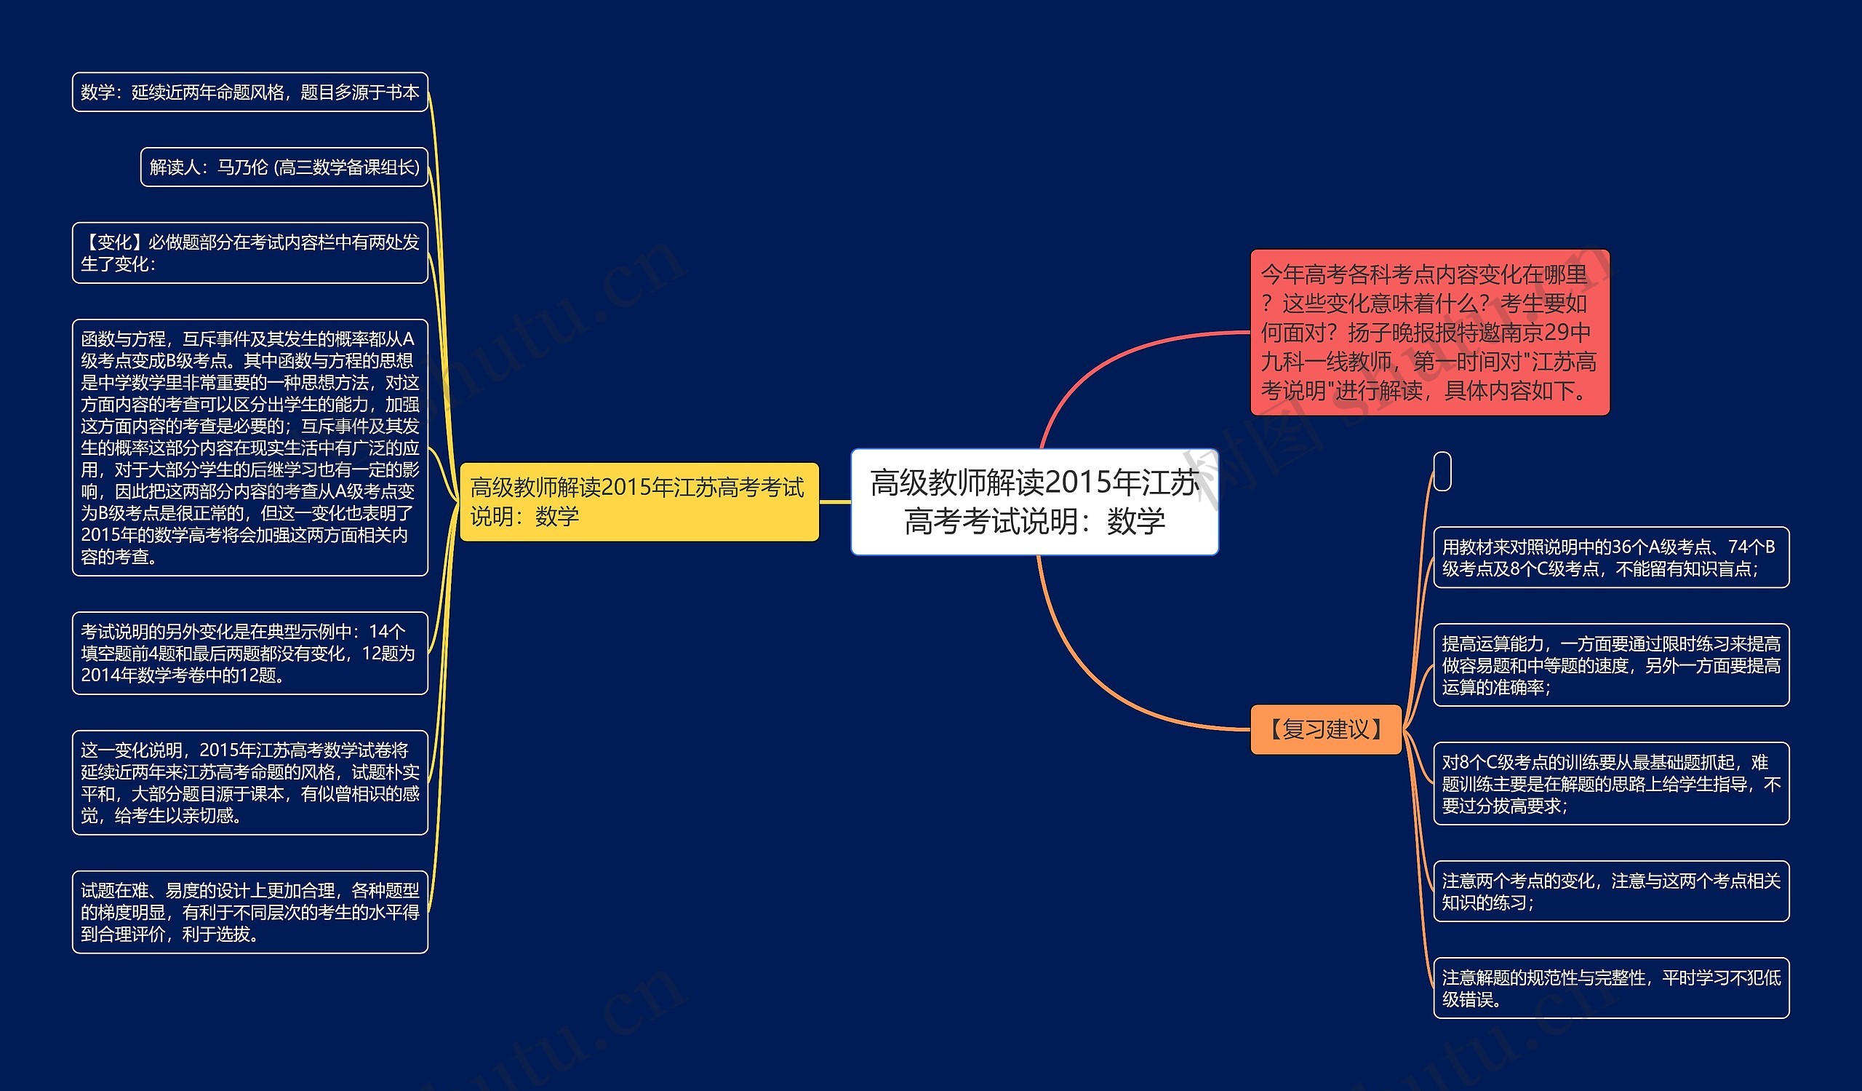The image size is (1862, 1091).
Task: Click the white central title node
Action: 1034,501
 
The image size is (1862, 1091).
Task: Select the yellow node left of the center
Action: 639,501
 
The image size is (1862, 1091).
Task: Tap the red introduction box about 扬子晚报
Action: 1429,332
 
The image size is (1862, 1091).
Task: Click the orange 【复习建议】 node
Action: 1325,729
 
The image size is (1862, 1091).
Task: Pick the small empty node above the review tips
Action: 1442,471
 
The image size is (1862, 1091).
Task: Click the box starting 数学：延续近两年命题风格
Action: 249,92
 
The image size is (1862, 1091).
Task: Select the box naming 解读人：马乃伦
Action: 284,167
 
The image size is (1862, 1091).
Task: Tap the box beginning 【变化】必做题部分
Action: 249,253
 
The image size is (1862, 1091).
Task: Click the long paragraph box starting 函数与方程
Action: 249,447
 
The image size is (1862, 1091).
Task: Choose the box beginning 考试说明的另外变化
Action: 249,654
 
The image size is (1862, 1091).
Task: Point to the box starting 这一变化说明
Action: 249,783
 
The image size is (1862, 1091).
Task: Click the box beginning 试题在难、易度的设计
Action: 249,912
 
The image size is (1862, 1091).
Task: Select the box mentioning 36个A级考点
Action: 1611,558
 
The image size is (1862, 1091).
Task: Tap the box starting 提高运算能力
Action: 1611,665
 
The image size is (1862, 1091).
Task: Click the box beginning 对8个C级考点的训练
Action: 1611,784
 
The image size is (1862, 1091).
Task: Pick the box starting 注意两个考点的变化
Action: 1611,892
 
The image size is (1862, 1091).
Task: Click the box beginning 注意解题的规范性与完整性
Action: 1611,988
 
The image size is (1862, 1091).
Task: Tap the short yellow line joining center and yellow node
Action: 835,502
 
